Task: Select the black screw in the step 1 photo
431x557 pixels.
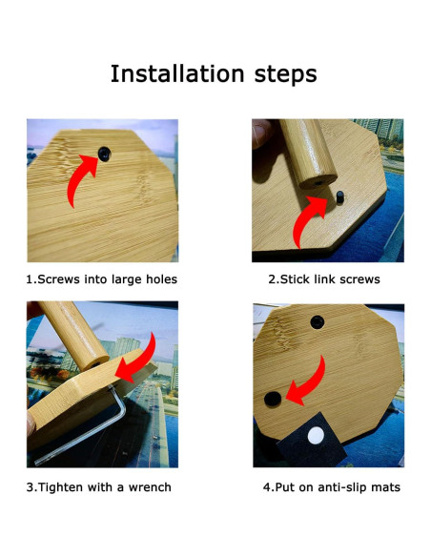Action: coord(101,152)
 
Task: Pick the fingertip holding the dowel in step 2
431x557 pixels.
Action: coord(261,133)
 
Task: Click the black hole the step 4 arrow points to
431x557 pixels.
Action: coord(273,397)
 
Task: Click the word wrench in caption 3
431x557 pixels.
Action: coord(149,487)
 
